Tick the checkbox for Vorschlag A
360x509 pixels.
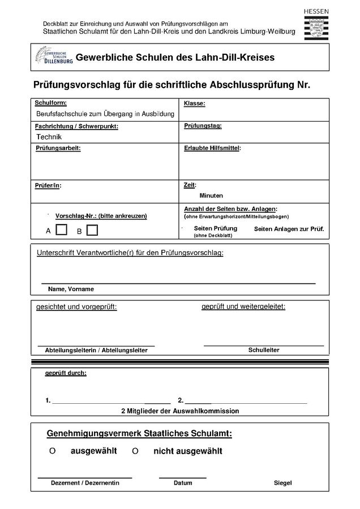click(62, 230)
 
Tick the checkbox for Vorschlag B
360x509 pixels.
click(92, 230)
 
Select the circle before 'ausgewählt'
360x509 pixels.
click(52, 451)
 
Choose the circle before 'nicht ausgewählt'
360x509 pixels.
click(135, 451)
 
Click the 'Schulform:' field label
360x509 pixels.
click(50, 103)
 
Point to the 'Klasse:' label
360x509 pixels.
click(194, 103)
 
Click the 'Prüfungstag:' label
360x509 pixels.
click(203, 126)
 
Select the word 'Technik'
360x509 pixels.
click(49, 137)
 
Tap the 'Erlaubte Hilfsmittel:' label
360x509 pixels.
click(212, 148)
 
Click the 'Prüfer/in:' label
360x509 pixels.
click(48, 185)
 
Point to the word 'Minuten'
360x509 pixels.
click(211, 196)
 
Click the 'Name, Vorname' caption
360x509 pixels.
click(71, 289)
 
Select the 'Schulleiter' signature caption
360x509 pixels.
click(264, 350)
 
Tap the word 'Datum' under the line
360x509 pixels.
click(183, 483)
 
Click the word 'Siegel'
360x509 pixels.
click(282, 483)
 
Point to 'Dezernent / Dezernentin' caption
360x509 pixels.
click(85, 483)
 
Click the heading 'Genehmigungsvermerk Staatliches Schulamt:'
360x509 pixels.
click(139, 434)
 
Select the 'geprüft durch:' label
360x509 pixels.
click(66, 373)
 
